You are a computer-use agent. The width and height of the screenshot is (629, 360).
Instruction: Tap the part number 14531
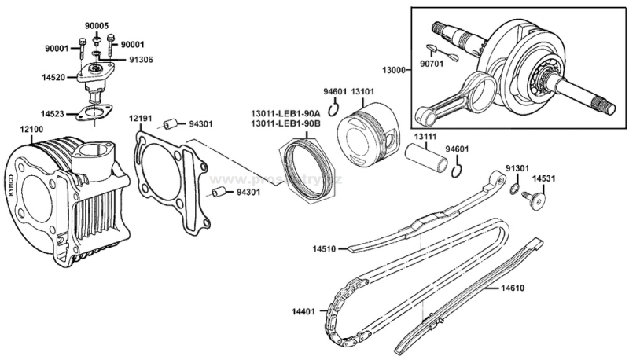point(543,178)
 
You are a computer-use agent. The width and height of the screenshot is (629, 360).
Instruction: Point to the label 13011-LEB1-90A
point(285,112)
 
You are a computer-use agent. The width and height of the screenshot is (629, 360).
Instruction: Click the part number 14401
point(302,311)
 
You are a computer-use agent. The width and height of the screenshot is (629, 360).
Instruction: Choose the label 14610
point(511,288)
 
